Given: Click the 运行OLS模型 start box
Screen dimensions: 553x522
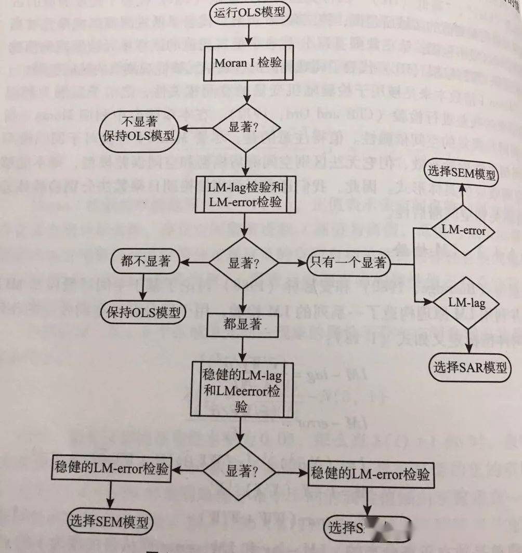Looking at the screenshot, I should pyautogui.click(x=249, y=12).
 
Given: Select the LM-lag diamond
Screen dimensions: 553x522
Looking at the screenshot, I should pyautogui.click(x=459, y=302).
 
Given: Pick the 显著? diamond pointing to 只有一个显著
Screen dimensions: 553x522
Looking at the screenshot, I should pyautogui.click(x=243, y=262).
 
